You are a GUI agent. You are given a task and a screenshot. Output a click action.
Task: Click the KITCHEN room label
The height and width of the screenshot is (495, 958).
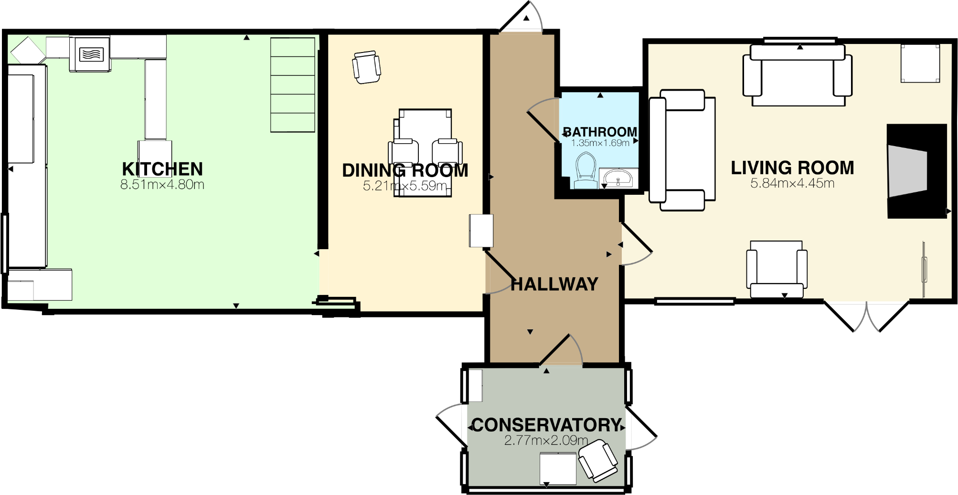pyautogui.click(x=162, y=169)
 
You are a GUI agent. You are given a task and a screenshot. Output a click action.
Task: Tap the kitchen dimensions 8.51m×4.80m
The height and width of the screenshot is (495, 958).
pyautogui.click(x=162, y=185)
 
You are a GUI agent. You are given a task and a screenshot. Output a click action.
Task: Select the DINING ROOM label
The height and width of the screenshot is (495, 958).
pyautogui.click(x=405, y=170)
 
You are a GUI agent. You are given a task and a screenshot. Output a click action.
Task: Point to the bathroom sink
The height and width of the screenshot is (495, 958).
pyautogui.click(x=618, y=179)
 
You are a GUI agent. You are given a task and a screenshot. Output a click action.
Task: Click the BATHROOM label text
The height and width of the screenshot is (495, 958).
pyautogui.click(x=600, y=132)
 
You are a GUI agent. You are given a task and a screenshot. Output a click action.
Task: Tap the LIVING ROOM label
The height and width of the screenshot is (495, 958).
pyautogui.click(x=792, y=168)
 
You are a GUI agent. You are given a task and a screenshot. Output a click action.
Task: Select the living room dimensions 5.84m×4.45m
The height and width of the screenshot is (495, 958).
pyautogui.click(x=792, y=183)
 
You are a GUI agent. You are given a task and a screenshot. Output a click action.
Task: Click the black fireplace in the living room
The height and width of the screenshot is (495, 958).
pyautogui.click(x=916, y=171)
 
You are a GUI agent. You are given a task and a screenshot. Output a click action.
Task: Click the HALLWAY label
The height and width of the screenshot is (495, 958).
pyautogui.click(x=554, y=284)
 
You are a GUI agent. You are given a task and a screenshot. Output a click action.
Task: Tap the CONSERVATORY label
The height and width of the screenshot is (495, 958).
pyautogui.click(x=546, y=425)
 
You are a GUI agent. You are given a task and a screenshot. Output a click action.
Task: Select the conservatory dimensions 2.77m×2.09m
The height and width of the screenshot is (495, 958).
pyautogui.click(x=546, y=440)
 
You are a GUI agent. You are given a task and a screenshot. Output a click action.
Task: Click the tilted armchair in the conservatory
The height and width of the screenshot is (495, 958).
pyautogui.click(x=598, y=461)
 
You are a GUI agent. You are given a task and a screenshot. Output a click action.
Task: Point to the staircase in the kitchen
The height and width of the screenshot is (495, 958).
pyautogui.click(x=292, y=85)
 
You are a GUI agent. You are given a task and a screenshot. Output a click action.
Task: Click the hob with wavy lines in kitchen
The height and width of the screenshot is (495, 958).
pyautogui.click(x=90, y=54)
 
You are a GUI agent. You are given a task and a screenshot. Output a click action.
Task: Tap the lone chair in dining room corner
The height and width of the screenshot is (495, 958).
pyautogui.click(x=366, y=67)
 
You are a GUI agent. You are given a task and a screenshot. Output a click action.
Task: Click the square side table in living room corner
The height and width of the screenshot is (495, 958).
pyautogui.click(x=920, y=63)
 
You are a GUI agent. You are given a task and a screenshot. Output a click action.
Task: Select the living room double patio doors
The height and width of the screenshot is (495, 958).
pyautogui.click(x=866, y=315)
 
